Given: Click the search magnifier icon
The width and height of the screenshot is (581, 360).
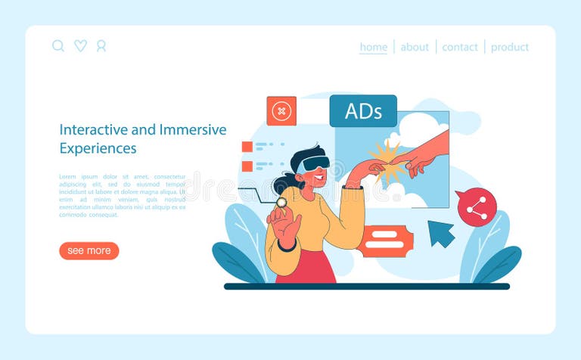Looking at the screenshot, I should coord(58,46).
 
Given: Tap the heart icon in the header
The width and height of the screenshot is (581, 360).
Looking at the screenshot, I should coord(80,46).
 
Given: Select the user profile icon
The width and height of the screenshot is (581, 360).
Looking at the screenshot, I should coord(101,46).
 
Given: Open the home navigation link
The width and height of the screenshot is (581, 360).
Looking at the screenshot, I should coord(373,47).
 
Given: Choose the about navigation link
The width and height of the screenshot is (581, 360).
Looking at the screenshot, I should coord(415,47).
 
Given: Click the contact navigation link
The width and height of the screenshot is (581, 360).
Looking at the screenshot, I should coord(460,47).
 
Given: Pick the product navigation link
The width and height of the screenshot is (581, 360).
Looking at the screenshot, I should coord(510,47).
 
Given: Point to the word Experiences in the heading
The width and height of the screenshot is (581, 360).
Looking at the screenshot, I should coord(98,148).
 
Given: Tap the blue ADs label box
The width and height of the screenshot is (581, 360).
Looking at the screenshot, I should coord(363,110).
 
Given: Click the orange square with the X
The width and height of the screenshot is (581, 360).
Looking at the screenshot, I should coord(281,111).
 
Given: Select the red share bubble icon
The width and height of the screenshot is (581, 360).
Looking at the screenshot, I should coord(477,207).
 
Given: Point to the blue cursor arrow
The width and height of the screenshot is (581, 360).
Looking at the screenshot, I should coord(440,232).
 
